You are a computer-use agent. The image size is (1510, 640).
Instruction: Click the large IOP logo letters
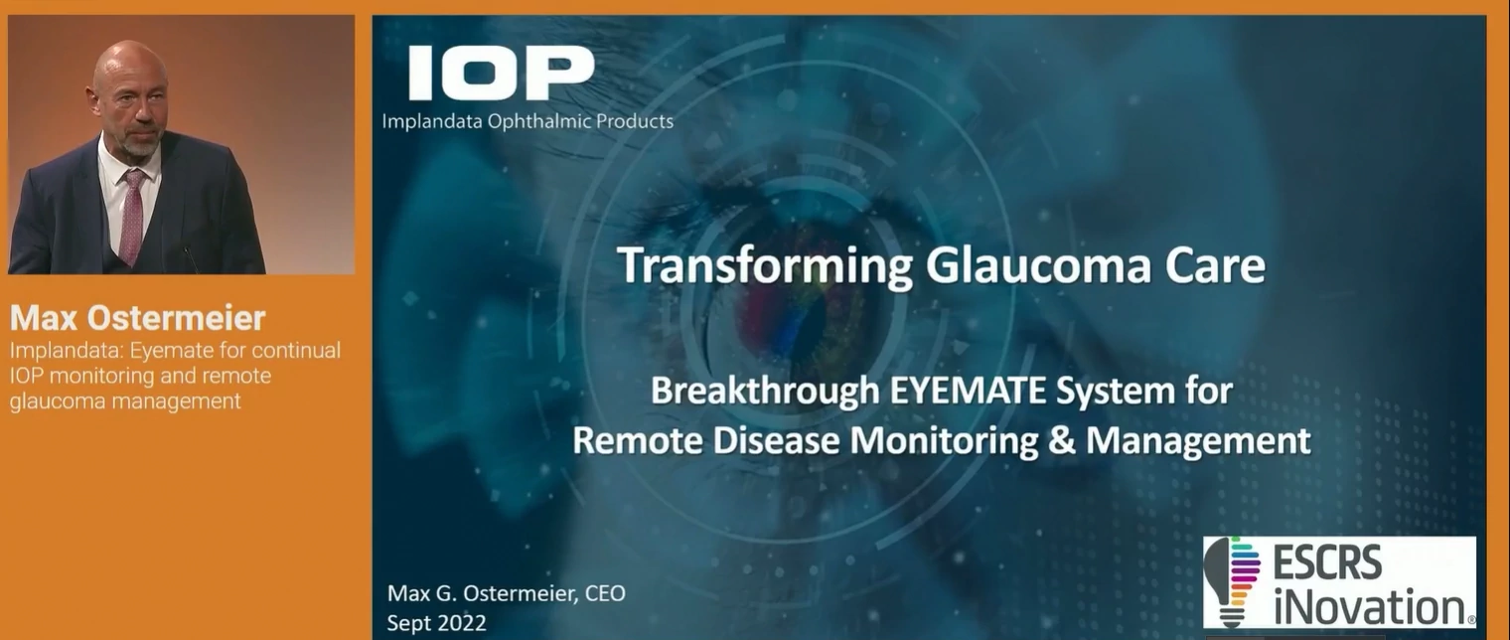pyautogui.click(x=501, y=74)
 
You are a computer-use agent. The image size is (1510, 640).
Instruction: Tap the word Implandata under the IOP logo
pyautogui.click(x=432, y=121)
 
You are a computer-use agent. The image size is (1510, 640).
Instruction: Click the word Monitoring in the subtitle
pyautogui.click(x=944, y=441)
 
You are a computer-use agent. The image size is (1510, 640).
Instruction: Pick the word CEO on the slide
pyautogui.click(x=605, y=592)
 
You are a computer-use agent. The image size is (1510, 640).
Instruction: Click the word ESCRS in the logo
pyautogui.click(x=1327, y=562)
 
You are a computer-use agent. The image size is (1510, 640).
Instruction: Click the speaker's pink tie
pyautogui.click(x=131, y=215)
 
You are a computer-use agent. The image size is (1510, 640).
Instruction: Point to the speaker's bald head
pyautogui.click(x=130, y=68)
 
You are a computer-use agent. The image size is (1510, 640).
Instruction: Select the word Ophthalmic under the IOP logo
pyautogui.click(x=539, y=122)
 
